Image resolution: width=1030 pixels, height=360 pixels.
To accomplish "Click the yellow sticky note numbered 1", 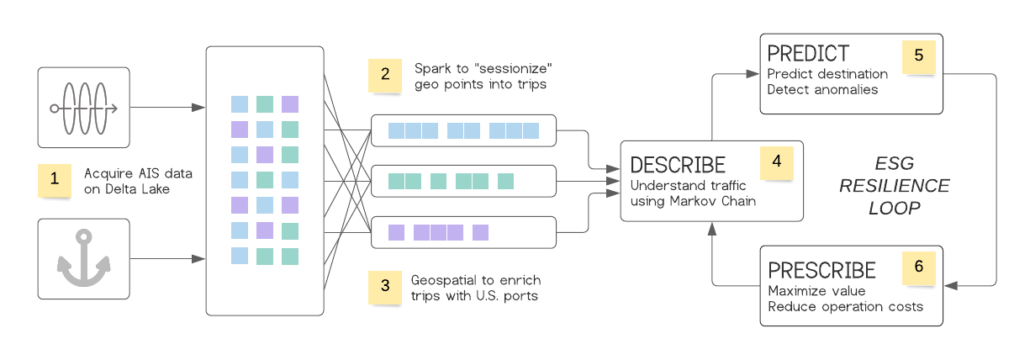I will pyautogui.click(x=55, y=179).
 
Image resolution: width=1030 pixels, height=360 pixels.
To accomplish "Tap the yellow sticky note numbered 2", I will pyautogui.click(x=384, y=74).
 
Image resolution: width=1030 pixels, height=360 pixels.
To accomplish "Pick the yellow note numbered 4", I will pyautogui.click(x=776, y=162).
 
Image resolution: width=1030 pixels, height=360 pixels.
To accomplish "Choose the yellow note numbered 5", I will pyautogui.click(x=918, y=56).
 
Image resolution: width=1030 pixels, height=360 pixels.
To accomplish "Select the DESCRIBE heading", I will pyautogui.click(x=678, y=164).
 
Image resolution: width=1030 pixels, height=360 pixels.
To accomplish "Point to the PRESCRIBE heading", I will pyautogui.click(x=822, y=270).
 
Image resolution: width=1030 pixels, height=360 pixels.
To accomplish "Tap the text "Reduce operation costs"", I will pyautogui.click(x=845, y=306).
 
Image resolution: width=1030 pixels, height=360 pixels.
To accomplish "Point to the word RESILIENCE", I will pyautogui.click(x=894, y=186).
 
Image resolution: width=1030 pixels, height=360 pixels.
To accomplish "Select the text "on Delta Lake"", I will pyautogui.click(x=126, y=188).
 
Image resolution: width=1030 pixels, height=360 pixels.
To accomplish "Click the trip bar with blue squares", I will pyautogui.click(x=463, y=130).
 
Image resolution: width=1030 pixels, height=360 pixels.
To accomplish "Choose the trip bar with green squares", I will pyautogui.click(x=463, y=181).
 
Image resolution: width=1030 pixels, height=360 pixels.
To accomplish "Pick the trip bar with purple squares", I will pyautogui.click(x=463, y=232).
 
